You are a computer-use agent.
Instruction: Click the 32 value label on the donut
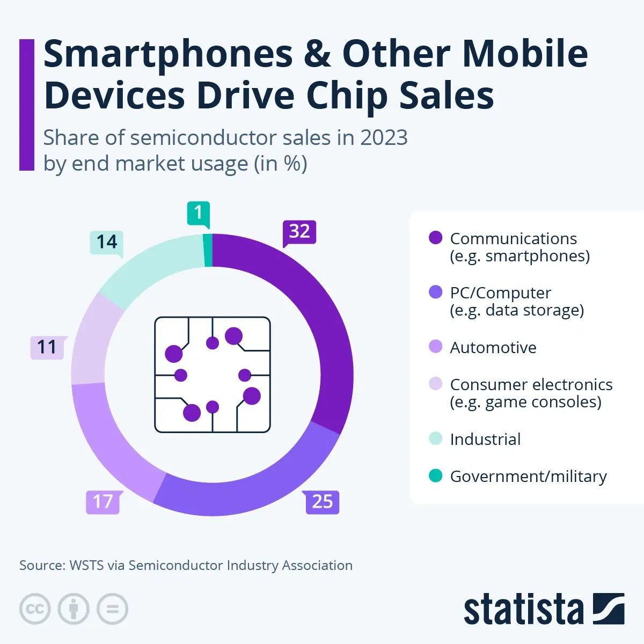[x=299, y=232]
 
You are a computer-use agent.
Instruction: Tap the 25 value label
[x=323, y=502]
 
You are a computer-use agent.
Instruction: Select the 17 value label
[x=103, y=502]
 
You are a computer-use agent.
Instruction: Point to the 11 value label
[x=47, y=347]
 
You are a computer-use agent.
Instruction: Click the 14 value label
[x=107, y=242]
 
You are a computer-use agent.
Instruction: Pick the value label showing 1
[x=198, y=213]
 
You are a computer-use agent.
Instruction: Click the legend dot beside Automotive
[x=436, y=347]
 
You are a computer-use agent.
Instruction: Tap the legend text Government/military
[x=528, y=476]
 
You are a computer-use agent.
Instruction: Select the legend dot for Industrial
[x=436, y=438]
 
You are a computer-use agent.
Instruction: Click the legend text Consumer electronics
[x=531, y=385]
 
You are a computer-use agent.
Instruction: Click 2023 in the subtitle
[x=383, y=138]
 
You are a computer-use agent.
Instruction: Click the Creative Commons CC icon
[x=35, y=609]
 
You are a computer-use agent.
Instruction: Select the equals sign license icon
[x=112, y=609]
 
